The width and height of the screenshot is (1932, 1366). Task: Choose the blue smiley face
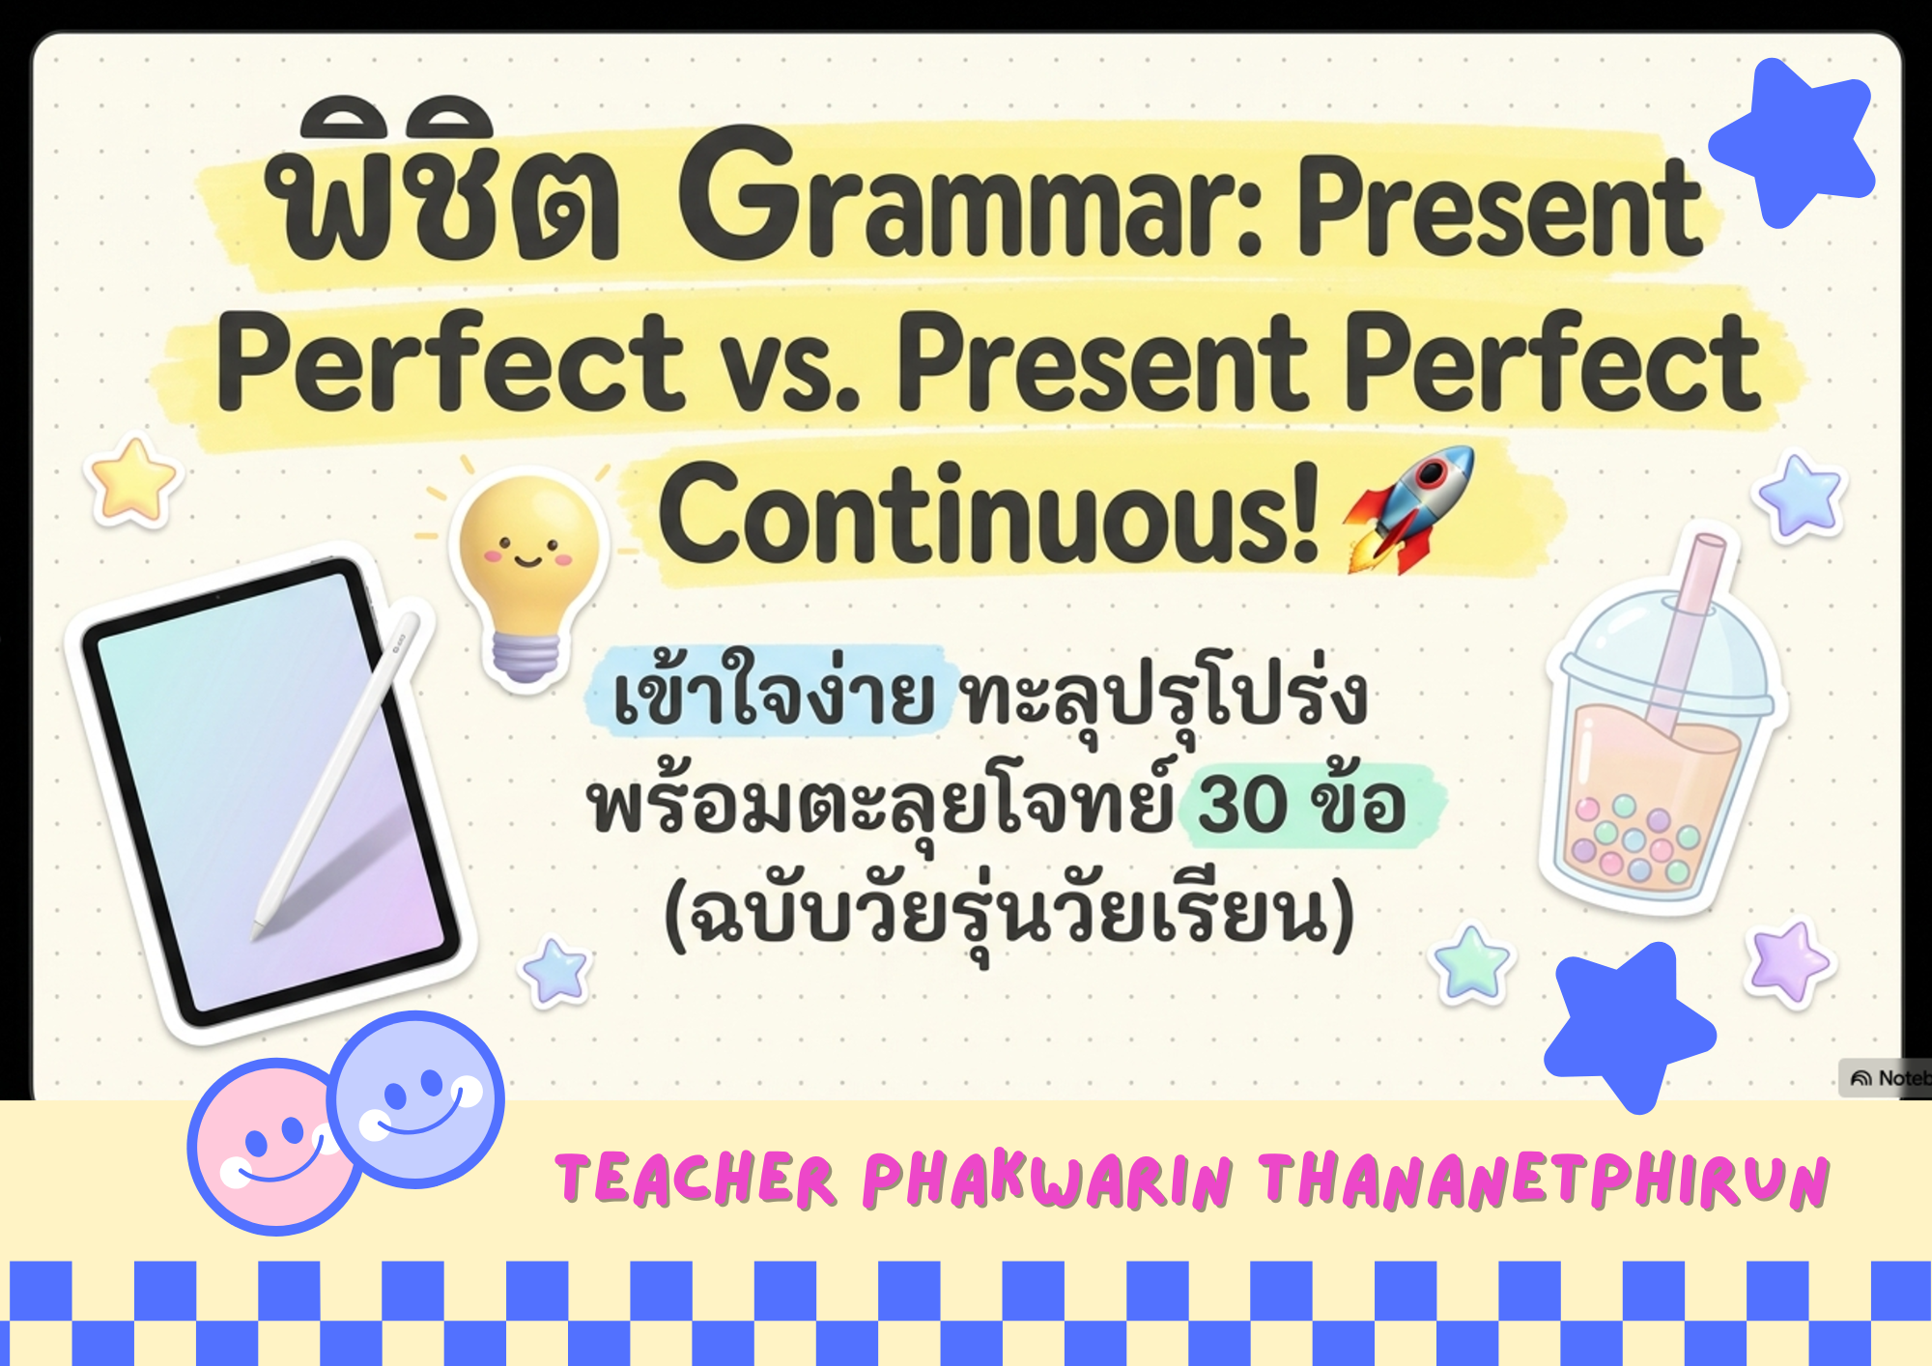[x=415, y=1099]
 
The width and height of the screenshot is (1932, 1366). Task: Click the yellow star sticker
[x=132, y=480]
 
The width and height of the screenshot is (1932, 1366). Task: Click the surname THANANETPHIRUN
[x=1544, y=1181]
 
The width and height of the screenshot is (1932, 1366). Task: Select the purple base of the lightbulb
[x=526, y=657]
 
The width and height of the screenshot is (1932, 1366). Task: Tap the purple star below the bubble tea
[x=1789, y=963]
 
